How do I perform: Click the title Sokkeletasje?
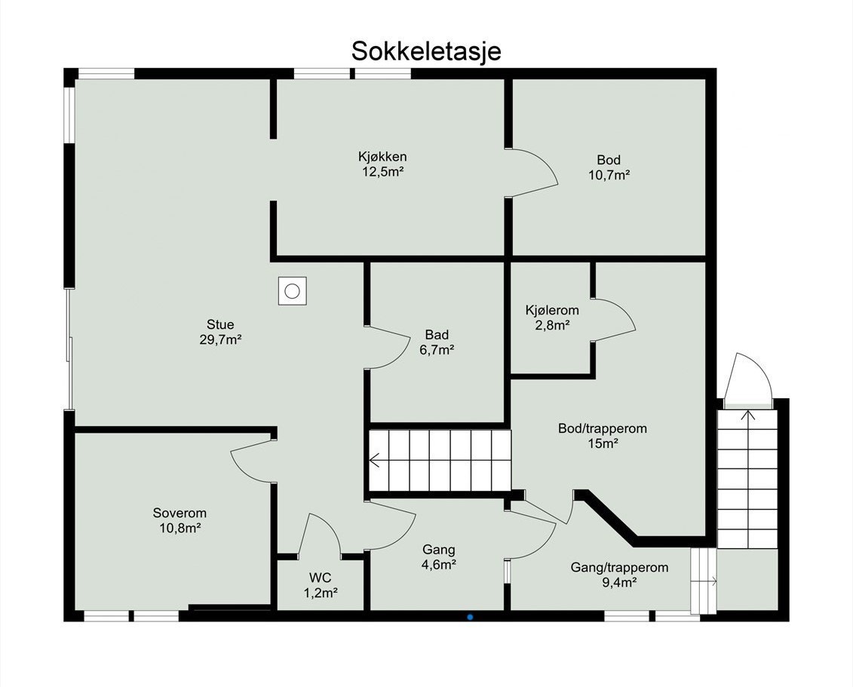tap(426, 51)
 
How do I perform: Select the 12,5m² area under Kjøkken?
tap(382, 171)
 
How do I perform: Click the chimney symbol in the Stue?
tap(293, 290)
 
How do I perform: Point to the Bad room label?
tap(437, 335)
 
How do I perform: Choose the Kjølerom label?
tap(552, 310)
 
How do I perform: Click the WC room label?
tap(321, 578)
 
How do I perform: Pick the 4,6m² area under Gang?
tap(439, 564)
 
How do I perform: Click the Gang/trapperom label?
tap(618, 567)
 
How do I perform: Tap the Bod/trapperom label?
tap(603, 428)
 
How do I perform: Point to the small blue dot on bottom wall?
tap(470, 617)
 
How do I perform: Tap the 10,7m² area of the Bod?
tap(609, 175)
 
